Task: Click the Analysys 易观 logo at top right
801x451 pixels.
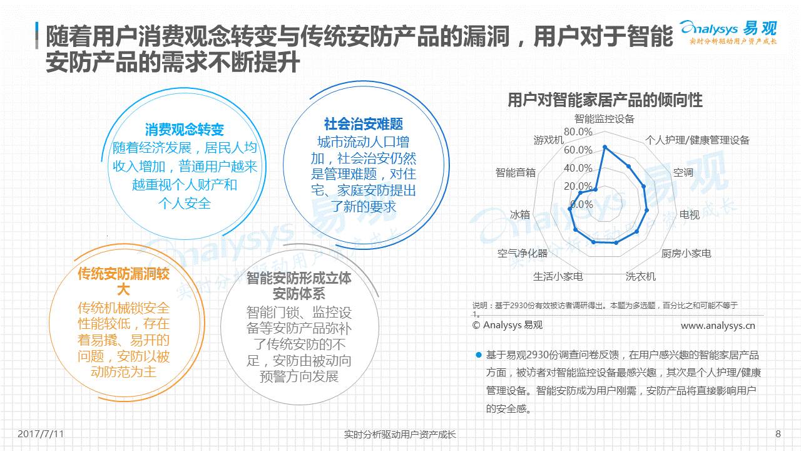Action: point(728,33)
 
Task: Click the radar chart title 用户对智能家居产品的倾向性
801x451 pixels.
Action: point(605,100)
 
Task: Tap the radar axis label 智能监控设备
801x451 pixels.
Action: point(605,119)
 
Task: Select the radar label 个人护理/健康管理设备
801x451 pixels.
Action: point(697,140)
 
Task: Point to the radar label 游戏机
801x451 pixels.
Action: point(549,140)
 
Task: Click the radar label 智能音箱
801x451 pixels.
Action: point(515,172)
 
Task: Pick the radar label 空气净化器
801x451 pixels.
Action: point(523,254)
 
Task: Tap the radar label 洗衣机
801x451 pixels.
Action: point(640,276)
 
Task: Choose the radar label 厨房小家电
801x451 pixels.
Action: point(686,254)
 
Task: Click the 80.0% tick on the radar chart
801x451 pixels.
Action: point(578,132)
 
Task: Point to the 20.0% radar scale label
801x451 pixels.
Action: point(578,186)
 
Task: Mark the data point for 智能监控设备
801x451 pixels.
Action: point(605,147)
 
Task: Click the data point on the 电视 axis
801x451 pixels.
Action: point(646,210)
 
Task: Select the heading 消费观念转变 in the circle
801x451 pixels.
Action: point(185,130)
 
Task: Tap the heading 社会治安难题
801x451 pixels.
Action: point(364,124)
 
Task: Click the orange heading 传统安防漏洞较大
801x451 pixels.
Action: point(124,282)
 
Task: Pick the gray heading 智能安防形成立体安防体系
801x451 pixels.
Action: point(299,286)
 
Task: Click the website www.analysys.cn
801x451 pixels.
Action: point(718,326)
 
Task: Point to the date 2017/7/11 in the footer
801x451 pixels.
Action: point(41,434)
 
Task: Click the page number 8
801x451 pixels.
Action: point(778,434)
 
